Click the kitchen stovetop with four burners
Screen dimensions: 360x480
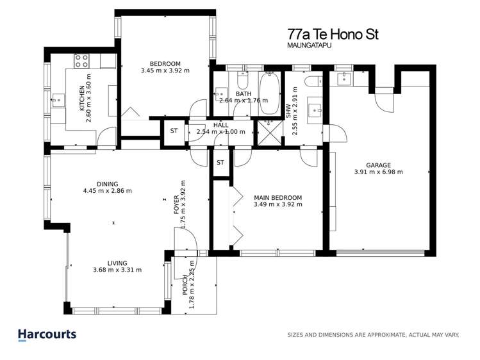pos(82,61)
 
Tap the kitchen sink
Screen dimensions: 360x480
pos(58,100)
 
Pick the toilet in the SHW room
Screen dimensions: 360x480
pos(315,81)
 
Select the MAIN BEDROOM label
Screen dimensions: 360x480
pos(277,197)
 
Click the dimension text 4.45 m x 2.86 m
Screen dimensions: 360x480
pos(107,190)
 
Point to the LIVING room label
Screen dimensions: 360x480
pos(117,263)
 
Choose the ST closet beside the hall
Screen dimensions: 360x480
pos(174,131)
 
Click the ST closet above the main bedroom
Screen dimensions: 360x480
pos(220,163)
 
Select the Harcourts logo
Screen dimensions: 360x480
pos(47,334)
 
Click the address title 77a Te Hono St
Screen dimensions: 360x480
pos(332,34)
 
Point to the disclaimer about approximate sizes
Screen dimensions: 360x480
pos(374,334)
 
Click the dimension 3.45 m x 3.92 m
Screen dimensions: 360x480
pos(165,71)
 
